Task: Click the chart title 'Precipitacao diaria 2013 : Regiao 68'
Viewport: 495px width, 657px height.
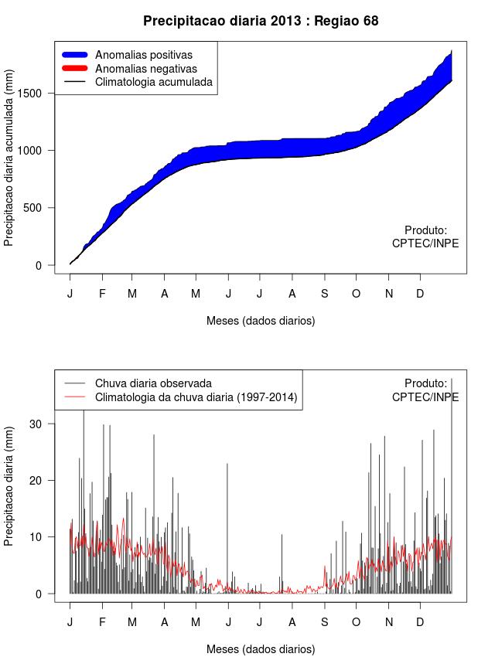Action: [x=261, y=21]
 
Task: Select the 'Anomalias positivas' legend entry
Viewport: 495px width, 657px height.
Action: [x=143, y=55]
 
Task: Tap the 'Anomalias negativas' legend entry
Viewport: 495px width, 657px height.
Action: [x=144, y=68]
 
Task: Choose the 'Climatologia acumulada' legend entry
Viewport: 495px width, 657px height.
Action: [x=153, y=82]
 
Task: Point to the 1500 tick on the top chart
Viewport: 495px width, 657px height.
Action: [x=39, y=93]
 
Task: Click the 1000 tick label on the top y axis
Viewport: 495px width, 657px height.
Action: [x=39, y=150]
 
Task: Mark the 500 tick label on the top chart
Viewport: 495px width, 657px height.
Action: [x=43, y=207]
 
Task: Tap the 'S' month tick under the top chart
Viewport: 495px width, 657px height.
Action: [x=325, y=294]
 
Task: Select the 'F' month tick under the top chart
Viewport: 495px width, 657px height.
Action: [x=101, y=294]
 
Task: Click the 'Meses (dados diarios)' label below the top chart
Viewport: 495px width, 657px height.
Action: [x=261, y=320]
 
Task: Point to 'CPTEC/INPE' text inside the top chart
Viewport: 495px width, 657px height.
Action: [x=425, y=243]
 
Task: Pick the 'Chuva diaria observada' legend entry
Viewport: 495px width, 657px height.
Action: [x=153, y=383]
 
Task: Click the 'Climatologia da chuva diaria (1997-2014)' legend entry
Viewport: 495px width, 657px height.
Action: [x=196, y=397]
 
